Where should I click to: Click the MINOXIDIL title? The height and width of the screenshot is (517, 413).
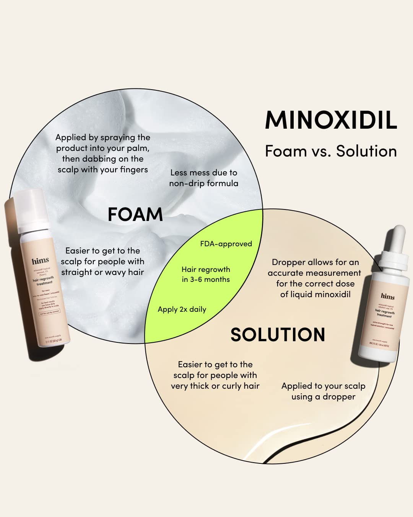pos(331,120)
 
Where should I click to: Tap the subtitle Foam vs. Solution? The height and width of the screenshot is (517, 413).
pos(331,151)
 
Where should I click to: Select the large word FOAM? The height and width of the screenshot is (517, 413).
pos(135,214)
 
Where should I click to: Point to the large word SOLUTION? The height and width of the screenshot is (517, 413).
pos(278,335)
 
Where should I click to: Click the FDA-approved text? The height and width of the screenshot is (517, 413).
pos(226,244)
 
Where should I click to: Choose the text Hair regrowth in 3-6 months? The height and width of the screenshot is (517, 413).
pos(206,275)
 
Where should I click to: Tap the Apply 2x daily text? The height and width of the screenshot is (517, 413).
pos(182,309)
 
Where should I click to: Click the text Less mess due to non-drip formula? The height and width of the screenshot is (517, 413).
pos(203,178)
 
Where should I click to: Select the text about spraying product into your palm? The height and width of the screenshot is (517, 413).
pos(102,153)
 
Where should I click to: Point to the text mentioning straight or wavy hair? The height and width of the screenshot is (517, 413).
pos(102,262)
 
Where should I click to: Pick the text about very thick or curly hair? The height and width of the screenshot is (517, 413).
pos(215,375)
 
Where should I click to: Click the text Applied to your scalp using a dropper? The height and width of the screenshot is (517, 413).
pos(323,391)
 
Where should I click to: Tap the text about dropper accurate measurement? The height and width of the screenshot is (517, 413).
pos(314,278)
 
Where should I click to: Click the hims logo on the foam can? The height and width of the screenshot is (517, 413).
pos(40,261)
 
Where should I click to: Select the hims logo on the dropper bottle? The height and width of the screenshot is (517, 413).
pos(387,296)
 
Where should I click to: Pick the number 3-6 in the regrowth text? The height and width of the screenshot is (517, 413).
pos(196,280)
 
